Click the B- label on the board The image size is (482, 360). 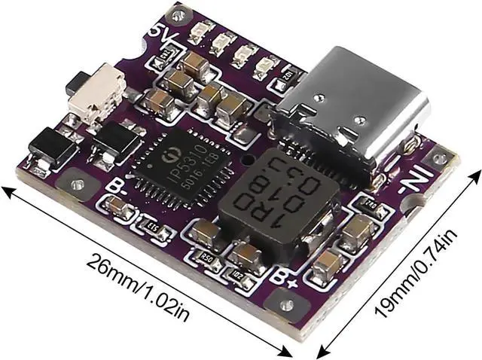click(x=116, y=185)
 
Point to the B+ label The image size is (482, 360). click(x=284, y=276)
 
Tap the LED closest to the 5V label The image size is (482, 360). click(x=198, y=32)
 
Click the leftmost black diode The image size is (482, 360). click(x=51, y=145)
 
